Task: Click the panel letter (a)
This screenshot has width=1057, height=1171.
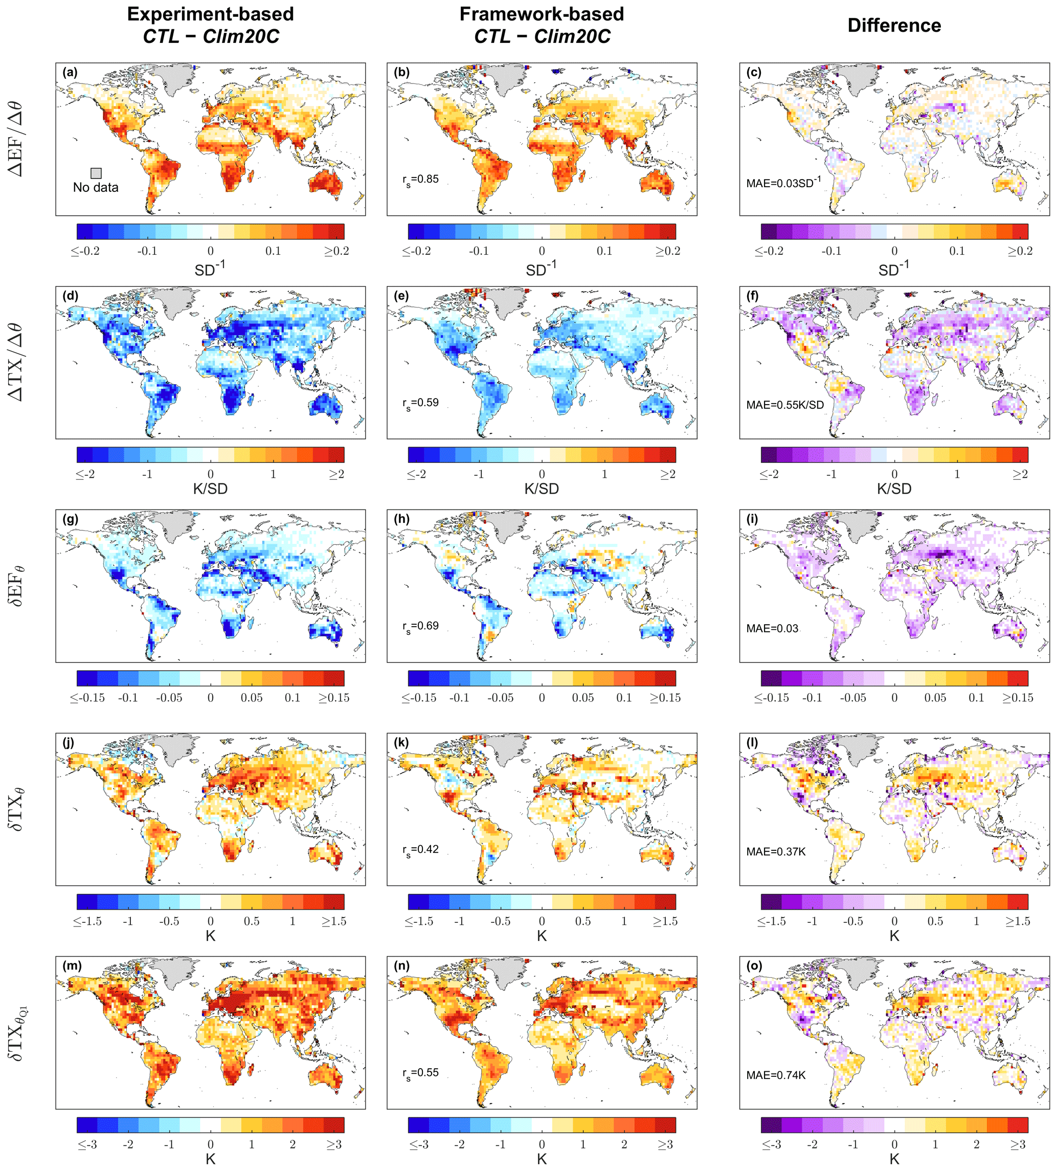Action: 70,73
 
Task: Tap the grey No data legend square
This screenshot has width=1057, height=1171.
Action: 96,173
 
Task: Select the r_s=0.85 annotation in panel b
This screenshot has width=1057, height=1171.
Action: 420,180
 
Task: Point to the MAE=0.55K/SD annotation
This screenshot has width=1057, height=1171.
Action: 784,405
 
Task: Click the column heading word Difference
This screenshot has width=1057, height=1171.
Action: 894,26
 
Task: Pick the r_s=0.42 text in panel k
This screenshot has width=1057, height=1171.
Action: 420,850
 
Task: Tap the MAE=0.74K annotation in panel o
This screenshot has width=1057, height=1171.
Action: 776,1075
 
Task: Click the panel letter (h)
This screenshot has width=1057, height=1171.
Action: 402,519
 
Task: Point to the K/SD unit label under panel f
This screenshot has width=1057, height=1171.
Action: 894,489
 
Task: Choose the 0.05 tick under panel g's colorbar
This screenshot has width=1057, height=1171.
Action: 252,698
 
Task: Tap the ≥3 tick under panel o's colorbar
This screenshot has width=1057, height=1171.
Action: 1018,1144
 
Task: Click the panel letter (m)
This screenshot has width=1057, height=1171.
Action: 72,966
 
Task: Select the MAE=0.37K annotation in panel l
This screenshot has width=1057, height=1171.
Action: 776,852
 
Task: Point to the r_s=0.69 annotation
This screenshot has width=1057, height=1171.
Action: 420,626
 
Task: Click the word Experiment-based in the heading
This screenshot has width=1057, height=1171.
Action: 210,14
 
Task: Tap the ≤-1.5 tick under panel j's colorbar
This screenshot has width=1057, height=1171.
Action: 87,921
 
